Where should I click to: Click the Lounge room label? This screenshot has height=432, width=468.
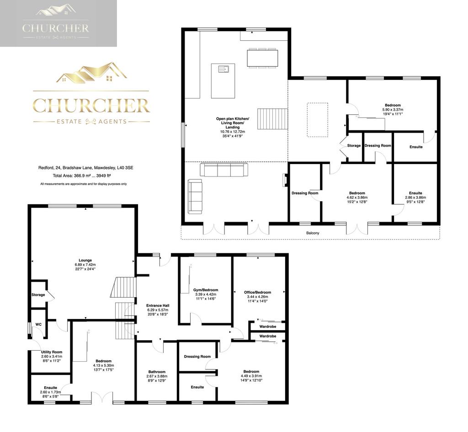click(x=85, y=260)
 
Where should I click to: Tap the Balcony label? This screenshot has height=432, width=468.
click(x=313, y=233)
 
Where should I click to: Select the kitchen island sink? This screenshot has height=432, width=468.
click(x=223, y=69)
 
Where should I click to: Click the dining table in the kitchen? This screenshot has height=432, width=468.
click(x=262, y=58)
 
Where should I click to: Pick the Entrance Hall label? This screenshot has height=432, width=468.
click(x=158, y=305)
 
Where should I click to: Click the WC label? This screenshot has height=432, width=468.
click(x=38, y=325)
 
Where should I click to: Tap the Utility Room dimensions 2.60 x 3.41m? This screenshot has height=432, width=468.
click(x=52, y=357)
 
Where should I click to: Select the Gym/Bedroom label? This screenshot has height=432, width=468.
click(x=206, y=290)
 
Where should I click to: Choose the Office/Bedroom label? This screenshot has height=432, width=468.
click(x=257, y=292)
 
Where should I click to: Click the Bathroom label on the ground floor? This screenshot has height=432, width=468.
click(x=157, y=372)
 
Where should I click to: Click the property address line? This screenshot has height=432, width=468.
click(x=85, y=168)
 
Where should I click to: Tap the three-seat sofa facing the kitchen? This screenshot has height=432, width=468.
click(x=224, y=170)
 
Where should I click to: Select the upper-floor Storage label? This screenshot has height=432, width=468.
click(x=354, y=146)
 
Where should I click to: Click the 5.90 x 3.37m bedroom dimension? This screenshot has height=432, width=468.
click(x=393, y=110)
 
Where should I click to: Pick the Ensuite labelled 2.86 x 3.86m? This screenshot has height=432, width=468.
click(x=415, y=193)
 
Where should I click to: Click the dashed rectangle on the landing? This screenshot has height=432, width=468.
click(x=318, y=120)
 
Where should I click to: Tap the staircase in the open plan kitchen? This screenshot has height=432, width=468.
click(x=272, y=119)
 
